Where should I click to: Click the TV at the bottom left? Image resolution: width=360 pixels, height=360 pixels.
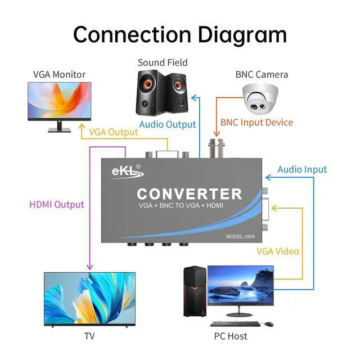89,299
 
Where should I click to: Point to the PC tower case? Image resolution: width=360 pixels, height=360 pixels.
194,292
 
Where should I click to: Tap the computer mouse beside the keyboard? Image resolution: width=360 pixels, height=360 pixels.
268,324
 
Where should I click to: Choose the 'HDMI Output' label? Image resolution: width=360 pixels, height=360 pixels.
56,204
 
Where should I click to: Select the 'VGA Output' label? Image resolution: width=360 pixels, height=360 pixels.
113,132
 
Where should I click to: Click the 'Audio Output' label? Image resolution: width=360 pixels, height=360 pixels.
168,124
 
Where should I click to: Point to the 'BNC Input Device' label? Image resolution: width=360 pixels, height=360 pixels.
256,122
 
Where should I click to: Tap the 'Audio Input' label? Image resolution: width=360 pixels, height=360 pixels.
302,169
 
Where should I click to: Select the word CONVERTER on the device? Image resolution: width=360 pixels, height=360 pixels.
190,194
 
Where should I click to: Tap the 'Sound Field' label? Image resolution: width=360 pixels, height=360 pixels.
163,62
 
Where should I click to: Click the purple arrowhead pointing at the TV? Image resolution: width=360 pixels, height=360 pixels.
90,268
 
